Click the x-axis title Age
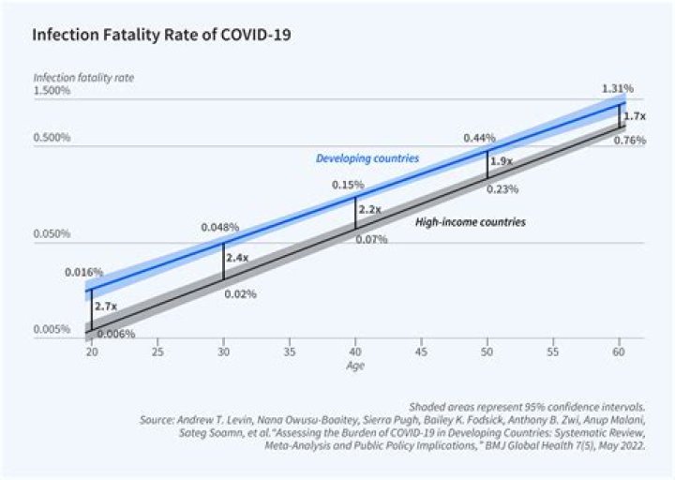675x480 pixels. coord(355,366)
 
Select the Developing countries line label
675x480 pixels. coord(366,158)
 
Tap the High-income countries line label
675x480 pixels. coord(470,222)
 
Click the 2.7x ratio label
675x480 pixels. coord(105,306)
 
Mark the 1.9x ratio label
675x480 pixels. coord(501,160)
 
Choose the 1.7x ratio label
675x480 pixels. coord(635,116)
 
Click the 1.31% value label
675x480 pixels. coord(617,88)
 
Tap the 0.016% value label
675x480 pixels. coord(83,272)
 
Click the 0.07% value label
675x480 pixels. coord(372,240)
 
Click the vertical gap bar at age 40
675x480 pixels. coord(355,213)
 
